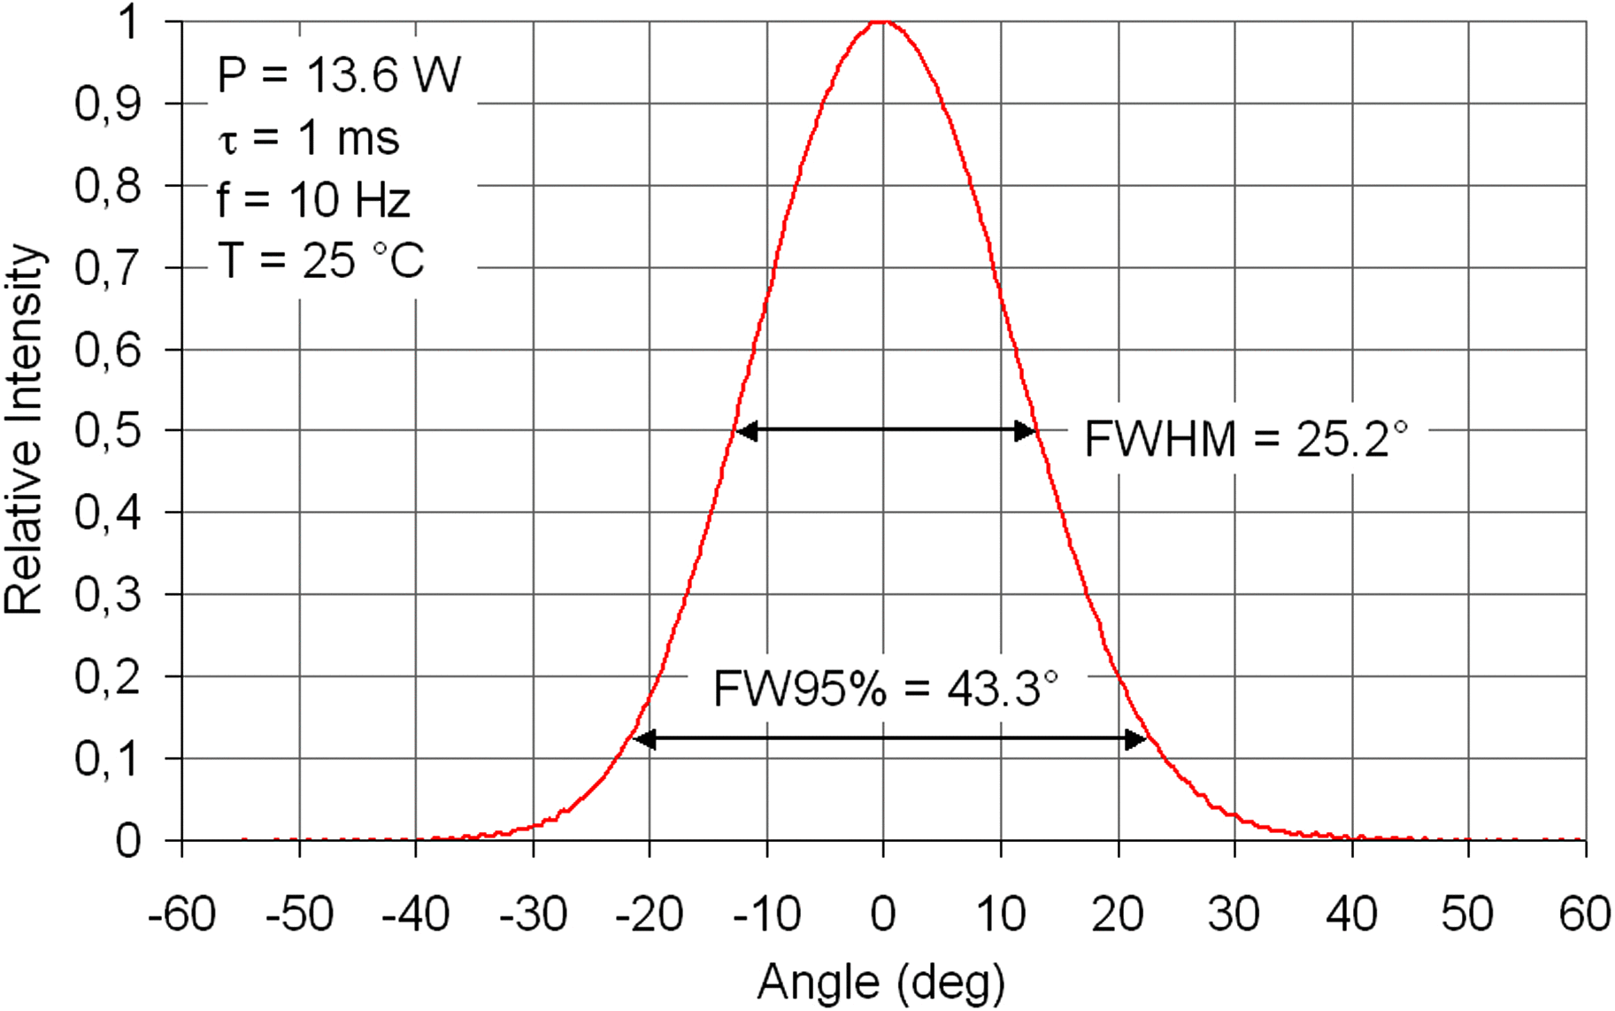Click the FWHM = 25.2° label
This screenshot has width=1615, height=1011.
tap(1245, 439)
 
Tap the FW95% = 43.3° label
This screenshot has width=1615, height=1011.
tap(886, 688)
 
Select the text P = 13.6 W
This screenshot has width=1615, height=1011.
tap(339, 74)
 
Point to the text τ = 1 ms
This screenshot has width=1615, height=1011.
tap(309, 139)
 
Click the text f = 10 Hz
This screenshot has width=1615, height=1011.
tap(313, 200)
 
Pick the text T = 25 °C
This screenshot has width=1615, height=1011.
tap(320, 261)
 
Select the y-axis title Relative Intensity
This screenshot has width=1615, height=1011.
tap(24, 429)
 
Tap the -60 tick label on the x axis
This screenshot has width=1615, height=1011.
tap(182, 914)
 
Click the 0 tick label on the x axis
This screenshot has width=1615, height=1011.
tap(882, 914)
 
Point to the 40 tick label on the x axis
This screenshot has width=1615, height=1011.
tap(1351, 914)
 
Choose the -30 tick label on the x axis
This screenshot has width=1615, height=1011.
tap(533, 914)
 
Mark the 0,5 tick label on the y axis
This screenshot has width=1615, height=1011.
tap(107, 432)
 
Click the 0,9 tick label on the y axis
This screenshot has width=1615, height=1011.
tap(107, 104)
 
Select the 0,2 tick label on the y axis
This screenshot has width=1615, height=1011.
tap(107, 678)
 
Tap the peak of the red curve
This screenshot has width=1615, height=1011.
tap(882, 21)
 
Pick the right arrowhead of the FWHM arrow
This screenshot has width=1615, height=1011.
tap(1025, 431)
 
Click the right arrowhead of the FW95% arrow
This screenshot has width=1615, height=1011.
tap(1135, 738)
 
